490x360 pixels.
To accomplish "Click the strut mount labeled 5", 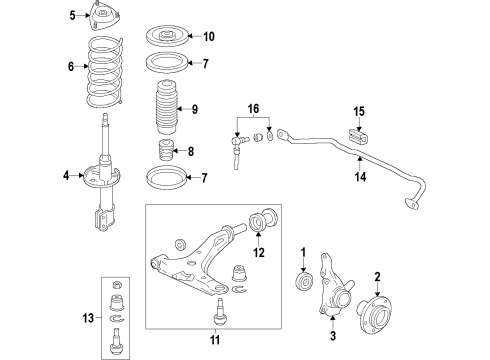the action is point(104,16).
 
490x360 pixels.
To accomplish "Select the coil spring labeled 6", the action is point(105,71).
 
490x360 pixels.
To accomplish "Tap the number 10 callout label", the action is point(209,36).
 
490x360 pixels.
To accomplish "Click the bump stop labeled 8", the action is point(166,150).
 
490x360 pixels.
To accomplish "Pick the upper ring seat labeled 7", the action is point(167,63).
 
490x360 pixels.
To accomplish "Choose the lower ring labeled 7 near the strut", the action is point(167,177).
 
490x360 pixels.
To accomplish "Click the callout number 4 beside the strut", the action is point(66,175).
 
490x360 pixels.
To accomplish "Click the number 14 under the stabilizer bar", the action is point(360,176).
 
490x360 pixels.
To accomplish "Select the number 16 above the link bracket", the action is point(253,108).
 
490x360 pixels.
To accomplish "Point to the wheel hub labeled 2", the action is point(374,313).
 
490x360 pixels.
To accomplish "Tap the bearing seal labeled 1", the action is point(304,280).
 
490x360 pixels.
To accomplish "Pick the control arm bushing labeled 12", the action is point(263,220).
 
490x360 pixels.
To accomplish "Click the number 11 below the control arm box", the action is point(215,340).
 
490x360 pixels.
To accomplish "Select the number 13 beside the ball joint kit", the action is point(88,318).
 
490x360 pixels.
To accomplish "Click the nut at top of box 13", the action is point(116,285).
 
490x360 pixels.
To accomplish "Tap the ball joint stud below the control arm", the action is point(218,311).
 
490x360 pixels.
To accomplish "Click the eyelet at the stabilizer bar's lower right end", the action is point(411,203).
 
